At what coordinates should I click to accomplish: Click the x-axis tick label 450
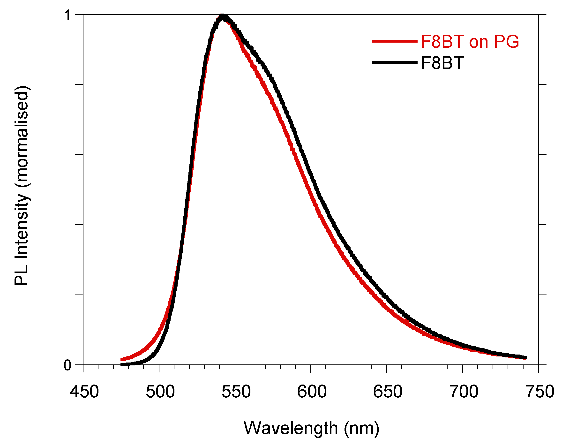84,392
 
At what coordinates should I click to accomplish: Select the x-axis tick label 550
236,392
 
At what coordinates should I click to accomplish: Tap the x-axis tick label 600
312,392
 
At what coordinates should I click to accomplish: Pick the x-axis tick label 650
388,392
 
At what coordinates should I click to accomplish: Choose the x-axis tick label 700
464,392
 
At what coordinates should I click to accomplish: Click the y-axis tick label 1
68,15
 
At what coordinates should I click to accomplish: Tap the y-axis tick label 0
67,366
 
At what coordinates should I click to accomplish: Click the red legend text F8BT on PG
470,42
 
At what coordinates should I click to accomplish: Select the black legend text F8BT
442,63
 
